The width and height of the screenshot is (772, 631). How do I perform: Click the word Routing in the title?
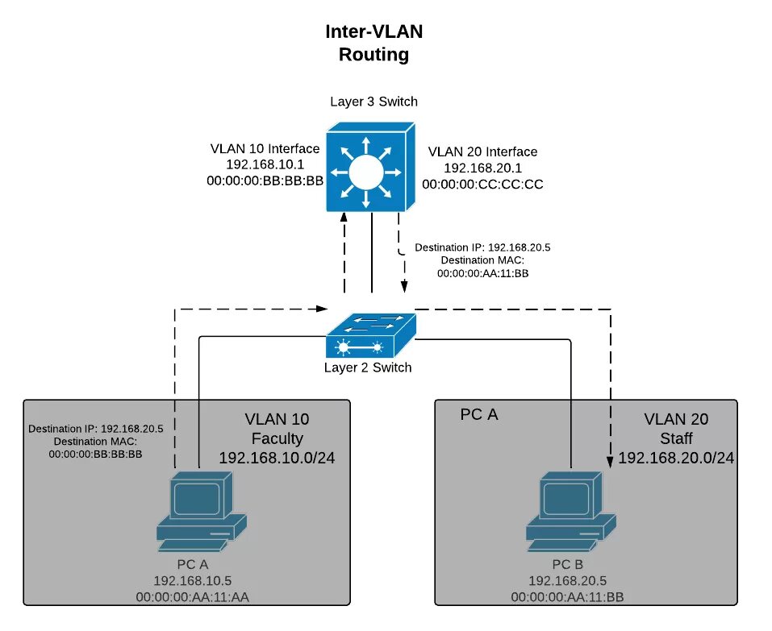click(x=373, y=55)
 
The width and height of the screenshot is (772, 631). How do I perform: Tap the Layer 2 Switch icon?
click(x=371, y=334)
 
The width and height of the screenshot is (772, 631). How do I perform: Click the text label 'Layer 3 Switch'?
click(x=373, y=102)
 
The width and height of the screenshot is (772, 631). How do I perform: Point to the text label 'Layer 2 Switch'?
click(x=368, y=367)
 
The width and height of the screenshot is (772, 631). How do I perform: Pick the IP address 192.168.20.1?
click(x=482, y=168)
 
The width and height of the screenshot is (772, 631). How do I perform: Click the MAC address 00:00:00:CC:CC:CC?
click(x=482, y=184)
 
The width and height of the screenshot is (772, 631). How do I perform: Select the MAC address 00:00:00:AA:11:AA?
click(x=198, y=596)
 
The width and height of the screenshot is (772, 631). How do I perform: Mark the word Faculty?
click(x=277, y=438)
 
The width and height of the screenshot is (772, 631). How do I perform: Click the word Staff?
click(x=676, y=438)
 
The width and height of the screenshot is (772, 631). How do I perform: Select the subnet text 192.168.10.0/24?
click(x=277, y=458)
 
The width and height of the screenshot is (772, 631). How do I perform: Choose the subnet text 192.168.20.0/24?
click(x=676, y=458)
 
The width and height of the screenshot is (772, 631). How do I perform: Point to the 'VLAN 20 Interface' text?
click(x=482, y=152)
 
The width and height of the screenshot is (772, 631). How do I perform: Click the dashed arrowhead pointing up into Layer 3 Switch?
click(x=344, y=218)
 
